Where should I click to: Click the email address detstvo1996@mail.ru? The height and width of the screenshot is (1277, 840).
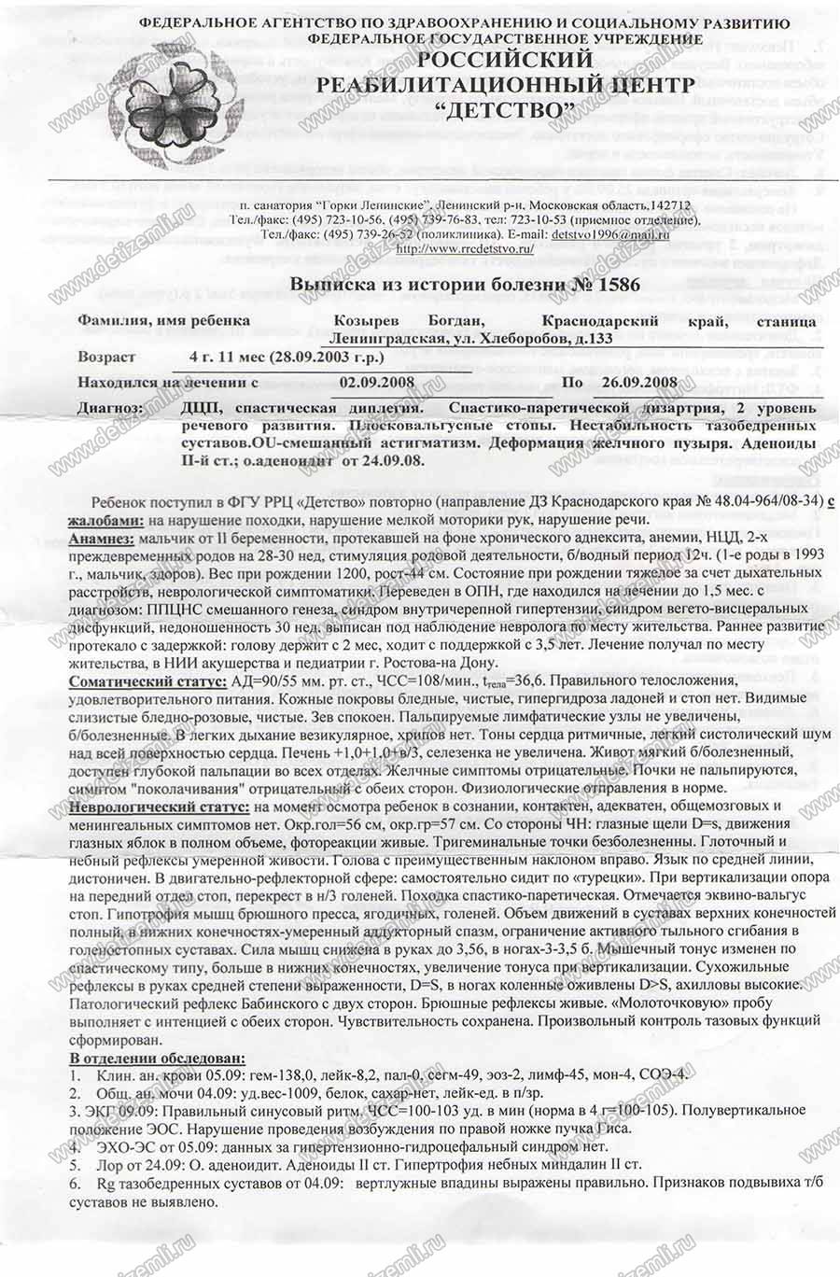tap(610, 234)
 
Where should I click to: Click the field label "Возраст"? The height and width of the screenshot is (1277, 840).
tap(106, 357)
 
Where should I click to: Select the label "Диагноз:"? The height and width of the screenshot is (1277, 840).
tap(110, 408)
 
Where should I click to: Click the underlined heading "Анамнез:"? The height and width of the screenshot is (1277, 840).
tap(101, 539)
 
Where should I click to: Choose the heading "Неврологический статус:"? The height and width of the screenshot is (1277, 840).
tap(159, 806)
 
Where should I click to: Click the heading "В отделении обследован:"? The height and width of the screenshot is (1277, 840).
tap(158, 1058)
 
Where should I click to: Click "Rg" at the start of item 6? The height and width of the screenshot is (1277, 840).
tap(105, 1183)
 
